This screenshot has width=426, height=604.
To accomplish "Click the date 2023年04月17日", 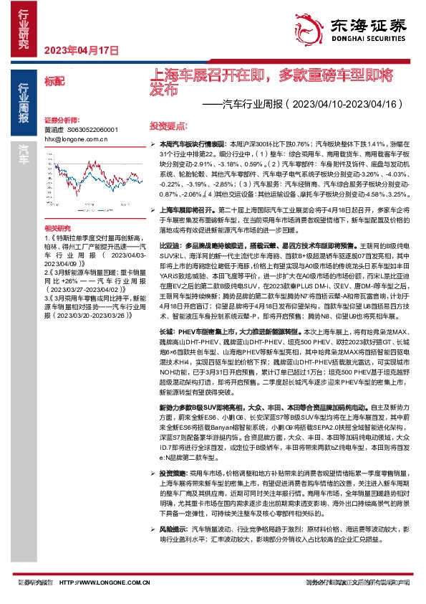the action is (x=80, y=50).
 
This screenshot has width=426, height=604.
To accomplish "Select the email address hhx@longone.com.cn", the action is (x=75, y=139).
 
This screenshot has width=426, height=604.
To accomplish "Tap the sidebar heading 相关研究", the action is (x=56, y=225).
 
